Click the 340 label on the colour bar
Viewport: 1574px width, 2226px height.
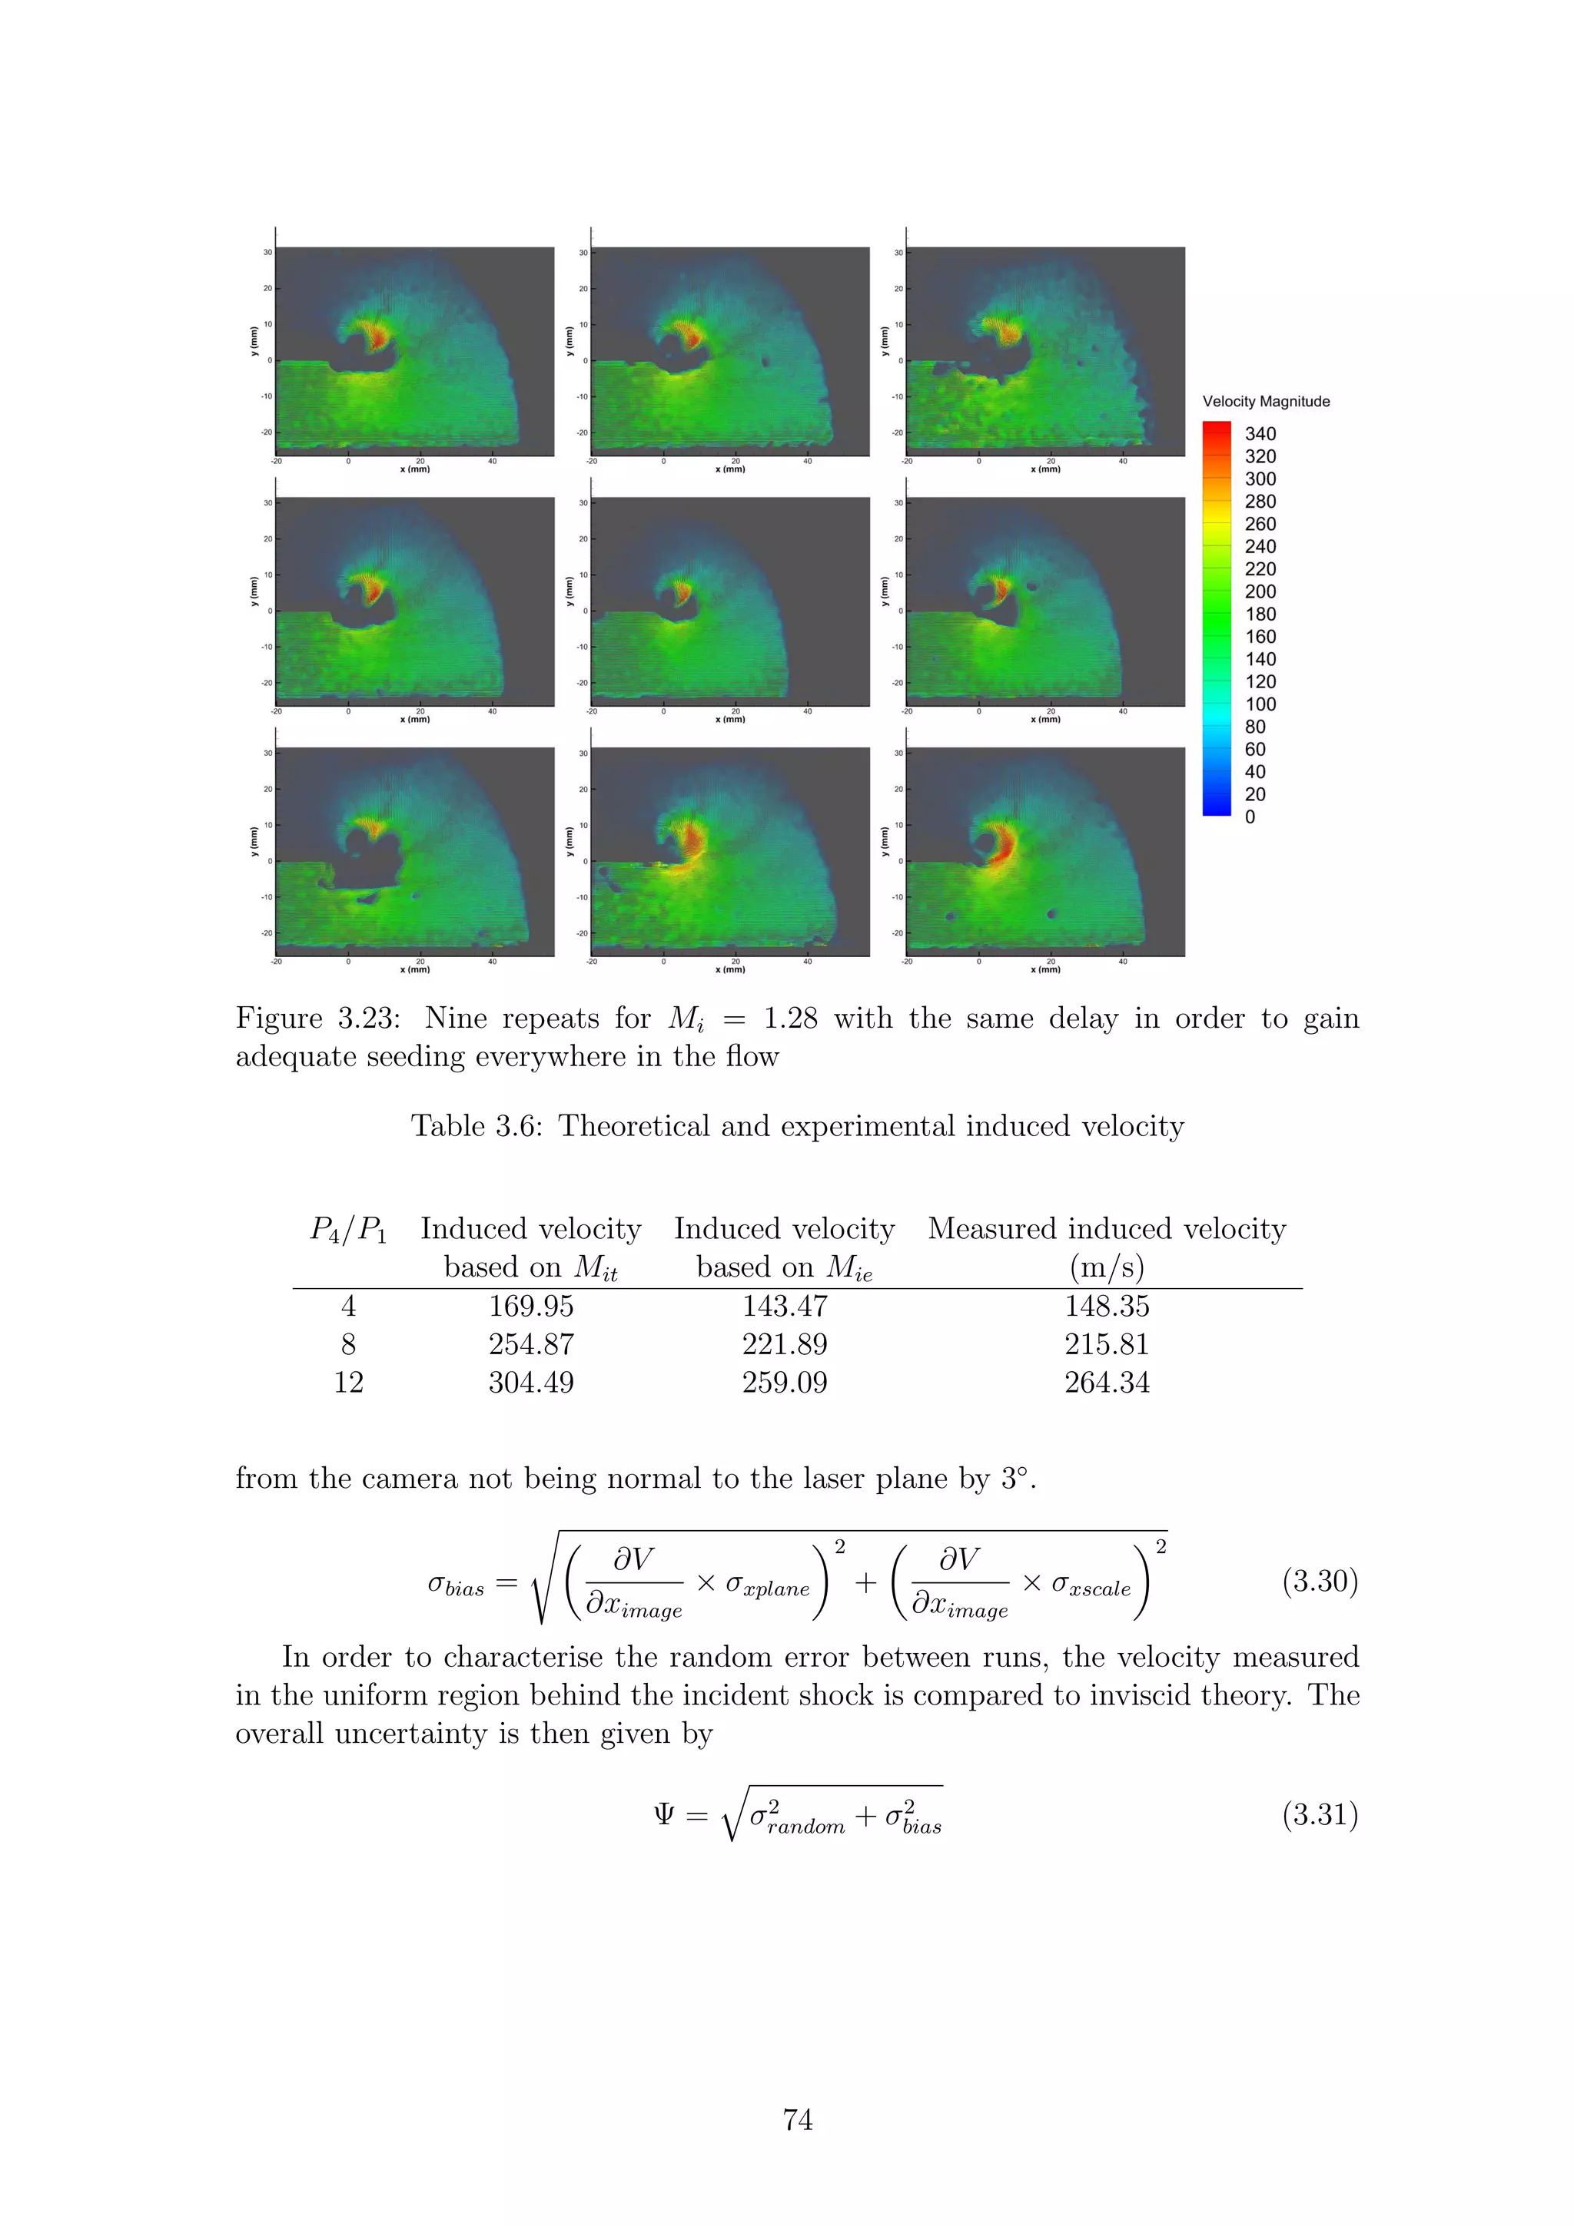point(1260,433)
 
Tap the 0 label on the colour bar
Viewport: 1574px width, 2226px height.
point(1250,817)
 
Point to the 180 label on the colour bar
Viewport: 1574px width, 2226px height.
point(1260,614)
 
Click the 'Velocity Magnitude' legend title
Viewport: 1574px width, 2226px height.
point(1266,402)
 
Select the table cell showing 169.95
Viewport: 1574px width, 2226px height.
point(530,1306)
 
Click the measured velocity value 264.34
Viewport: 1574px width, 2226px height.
point(1107,1382)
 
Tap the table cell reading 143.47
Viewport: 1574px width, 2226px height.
point(785,1306)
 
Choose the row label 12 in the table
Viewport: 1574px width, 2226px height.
point(348,1382)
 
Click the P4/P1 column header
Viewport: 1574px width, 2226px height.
point(348,1229)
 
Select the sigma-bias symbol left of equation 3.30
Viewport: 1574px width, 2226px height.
point(456,1584)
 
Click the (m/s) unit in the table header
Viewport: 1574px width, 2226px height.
point(1107,1267)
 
